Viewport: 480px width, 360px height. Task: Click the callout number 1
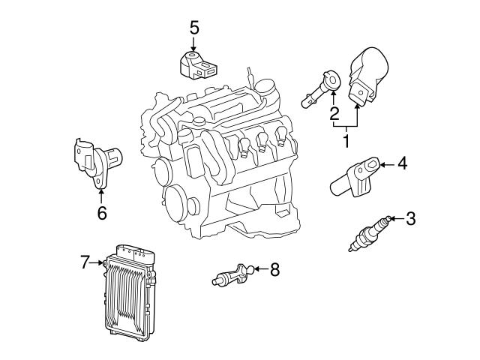(346, 140)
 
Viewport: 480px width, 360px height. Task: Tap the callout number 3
(409, 219)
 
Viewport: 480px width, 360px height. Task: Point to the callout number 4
(402, 163)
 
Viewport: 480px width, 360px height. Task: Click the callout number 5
(194, 28)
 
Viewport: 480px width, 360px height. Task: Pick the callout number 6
(101, 213)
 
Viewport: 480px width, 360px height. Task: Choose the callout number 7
(85, 262)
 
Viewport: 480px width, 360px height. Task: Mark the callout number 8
(274, 270)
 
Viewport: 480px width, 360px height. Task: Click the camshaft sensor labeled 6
(97, 159)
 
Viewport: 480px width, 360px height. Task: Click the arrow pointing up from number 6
(101, 195)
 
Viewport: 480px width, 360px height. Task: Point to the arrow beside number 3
(395, 219)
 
